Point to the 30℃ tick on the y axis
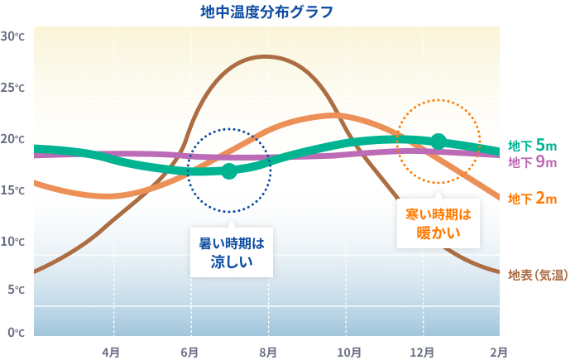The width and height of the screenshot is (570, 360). tap(14, 36)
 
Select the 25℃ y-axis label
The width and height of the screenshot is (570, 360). tap(14, 88)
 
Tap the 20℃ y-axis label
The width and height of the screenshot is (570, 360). tap(14, 139)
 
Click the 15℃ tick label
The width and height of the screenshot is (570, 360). tap(14, 190)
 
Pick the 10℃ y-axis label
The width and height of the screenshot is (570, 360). tap(14, 242)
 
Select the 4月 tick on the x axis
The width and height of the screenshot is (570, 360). tap(111, 351)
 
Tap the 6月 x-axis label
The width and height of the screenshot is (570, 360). tap(189, 351)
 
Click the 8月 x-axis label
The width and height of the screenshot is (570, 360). tap(267, 351)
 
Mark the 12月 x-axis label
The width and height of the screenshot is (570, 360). tap(423, 351)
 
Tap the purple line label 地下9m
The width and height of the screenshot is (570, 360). tap(532, 162)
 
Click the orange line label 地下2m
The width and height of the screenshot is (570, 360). tap(532, 199)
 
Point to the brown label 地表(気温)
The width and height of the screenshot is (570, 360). tap(537, 274)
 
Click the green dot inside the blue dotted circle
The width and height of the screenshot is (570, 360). tap(229, 171)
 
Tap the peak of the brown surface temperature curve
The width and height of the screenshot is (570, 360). tap(265, 56)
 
